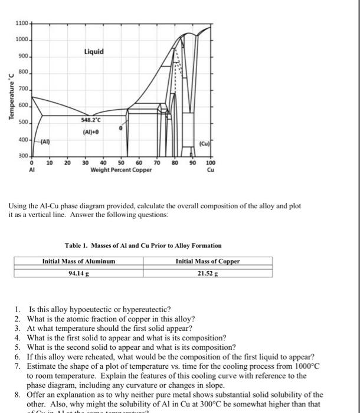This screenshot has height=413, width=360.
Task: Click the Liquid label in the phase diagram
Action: click(94, 51)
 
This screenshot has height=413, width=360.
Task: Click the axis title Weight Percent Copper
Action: click(121, 171)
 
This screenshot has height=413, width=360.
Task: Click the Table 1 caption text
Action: click(143, 245)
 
